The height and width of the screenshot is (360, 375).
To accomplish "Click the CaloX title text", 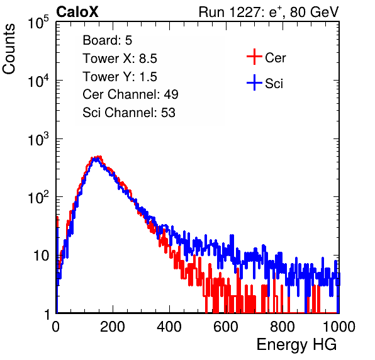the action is pyautogui.click(x=77, y=12).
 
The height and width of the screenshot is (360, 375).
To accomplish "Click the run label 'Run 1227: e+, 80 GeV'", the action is pyautogui.click(x=269, y=12).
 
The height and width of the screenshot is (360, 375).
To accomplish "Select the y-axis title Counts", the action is pyautogui.click(x=9, y=49).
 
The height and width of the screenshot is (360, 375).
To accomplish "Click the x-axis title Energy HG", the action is pyautogui.click(x=296, y=345).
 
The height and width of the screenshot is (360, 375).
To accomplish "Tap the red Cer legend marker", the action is pyautogui.click(x=254, y=57).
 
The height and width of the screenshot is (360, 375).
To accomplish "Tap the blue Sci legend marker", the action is pyautogui.click(x=254, y=83).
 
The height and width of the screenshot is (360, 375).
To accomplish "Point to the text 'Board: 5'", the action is pyautogui.click(x=108, y=40).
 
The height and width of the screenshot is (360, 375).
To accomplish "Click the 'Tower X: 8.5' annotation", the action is pyautogui.click(x=120, y=59).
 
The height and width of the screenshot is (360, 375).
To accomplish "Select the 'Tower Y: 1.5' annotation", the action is pyautogui.click(x=120, y=77).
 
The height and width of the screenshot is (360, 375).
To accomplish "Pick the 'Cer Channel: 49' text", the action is pyautogui.click(x=130, y=94).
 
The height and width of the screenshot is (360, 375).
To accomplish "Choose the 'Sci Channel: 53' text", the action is pyautogui.click(x=129, y=113).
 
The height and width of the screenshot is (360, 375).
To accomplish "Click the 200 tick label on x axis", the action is pyautogui.click(x=113, y=327).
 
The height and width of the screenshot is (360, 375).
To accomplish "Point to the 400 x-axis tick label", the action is pyautogui.click(x=169, y=327).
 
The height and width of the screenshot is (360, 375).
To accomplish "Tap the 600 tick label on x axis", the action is pyautogui.click(x=226, y=327).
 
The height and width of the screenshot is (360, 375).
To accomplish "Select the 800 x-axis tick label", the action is pyautogui.click(x=283, y=327).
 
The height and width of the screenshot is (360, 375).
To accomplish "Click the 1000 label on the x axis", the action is pyautogui.click(x=339, y=327).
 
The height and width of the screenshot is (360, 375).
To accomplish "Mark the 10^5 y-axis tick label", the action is pyautogui.click(x=38, y=22).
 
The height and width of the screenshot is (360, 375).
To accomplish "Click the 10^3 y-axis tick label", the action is pyautogui.click(x=38, y=139).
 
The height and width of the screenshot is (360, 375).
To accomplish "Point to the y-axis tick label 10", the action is pyautogui.click(x=41, y=256).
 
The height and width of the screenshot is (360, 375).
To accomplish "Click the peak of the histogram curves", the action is pyautogui.click(x=97, y=157).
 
